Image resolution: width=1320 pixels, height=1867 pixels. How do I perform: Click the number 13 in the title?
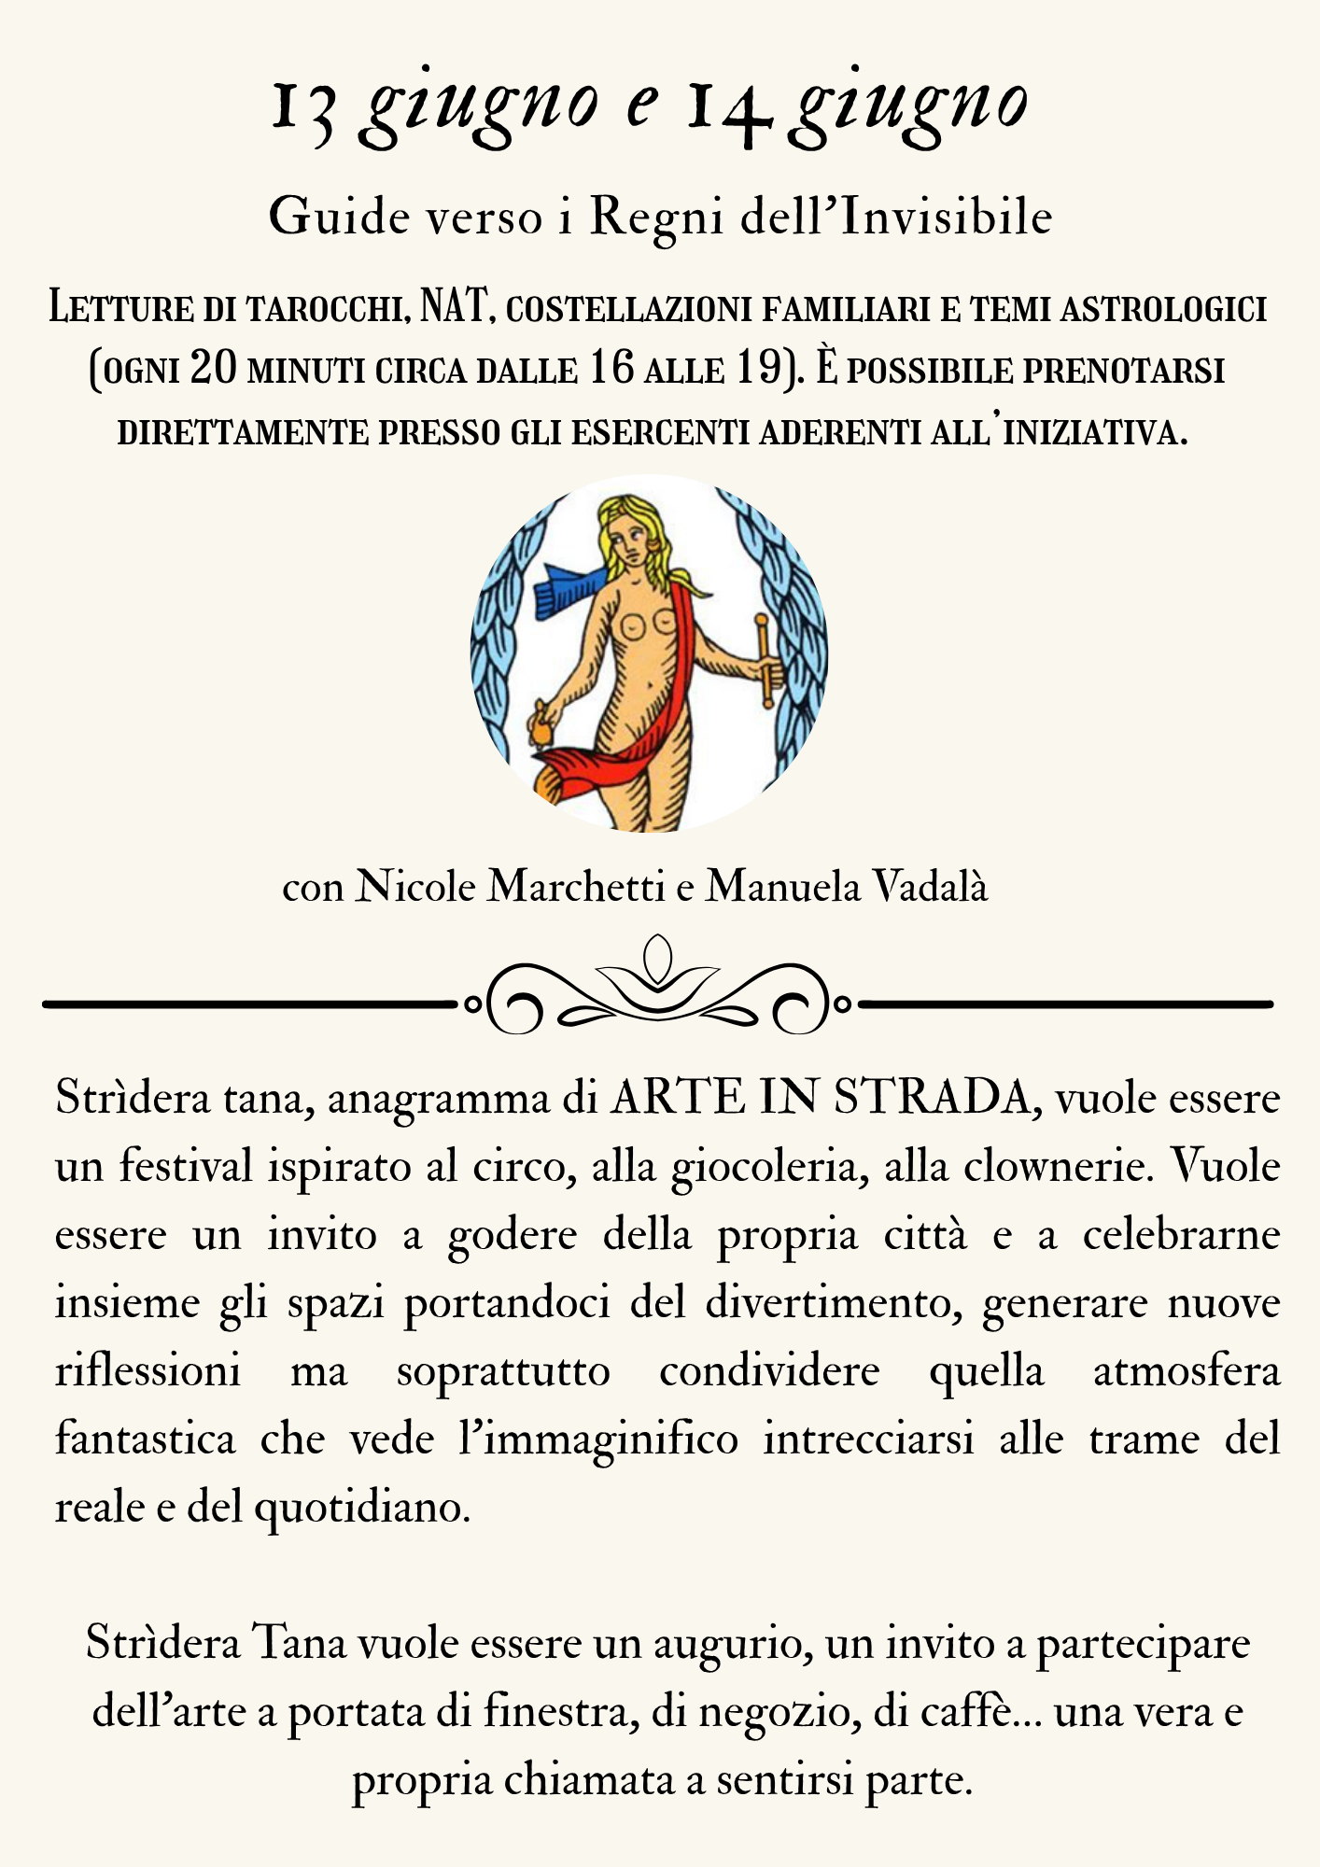[x=303, y=110]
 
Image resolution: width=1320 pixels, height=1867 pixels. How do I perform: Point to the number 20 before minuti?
[x=214, y=369]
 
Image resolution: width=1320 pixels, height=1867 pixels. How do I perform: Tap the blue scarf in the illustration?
[x=568, y=588]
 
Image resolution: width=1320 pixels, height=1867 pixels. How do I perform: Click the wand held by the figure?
[x=765, y=659]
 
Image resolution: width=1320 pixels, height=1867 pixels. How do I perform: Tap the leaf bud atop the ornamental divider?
[x=658, y=957]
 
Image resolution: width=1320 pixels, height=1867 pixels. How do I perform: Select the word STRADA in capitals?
[x=934, y=1098]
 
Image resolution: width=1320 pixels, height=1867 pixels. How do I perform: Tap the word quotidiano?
[x=362, y=1508]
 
